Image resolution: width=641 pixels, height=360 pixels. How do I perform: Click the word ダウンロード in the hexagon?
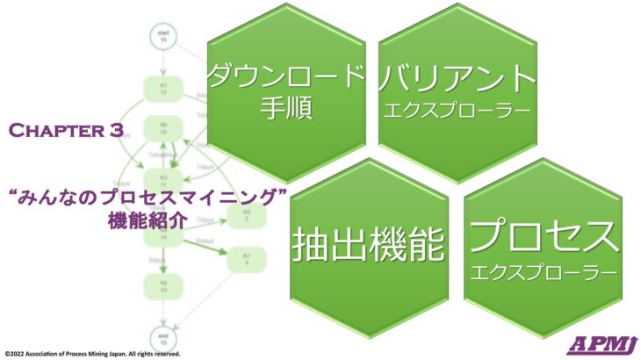[x=287, y=77]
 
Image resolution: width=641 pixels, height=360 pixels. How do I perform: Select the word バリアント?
[x=457, y=78]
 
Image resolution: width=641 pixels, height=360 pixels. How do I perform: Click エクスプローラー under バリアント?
[x=456, y=112]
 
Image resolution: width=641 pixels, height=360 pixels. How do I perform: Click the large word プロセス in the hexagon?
[x=543, y=236]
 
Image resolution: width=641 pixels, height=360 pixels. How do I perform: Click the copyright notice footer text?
[x=92, y=354]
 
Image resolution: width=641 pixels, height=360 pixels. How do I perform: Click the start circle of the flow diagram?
[x=162, y=38]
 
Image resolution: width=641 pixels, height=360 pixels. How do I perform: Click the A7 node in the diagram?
[x=247, y=259]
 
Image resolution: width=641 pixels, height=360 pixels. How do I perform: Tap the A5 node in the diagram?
[x=247, y=216]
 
